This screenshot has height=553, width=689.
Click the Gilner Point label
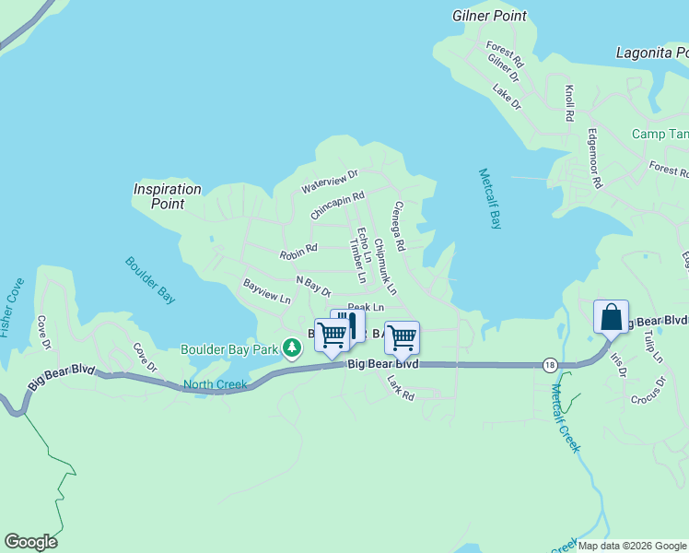(x=489, y=16)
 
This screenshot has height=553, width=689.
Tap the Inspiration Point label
(x=167, y=196)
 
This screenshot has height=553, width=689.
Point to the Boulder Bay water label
(x=150, y=280)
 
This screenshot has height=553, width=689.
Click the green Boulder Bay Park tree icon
(x=292, y=348)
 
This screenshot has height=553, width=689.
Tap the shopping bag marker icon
(x=612, y=318)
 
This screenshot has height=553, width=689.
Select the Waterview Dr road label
(x=329, y=182)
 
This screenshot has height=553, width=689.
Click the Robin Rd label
(x=298, y=249)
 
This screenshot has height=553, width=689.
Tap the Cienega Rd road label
(x=399, y=227)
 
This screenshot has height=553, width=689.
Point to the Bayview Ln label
(x=266, y=292)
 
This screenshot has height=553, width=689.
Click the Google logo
(x=30, y=542)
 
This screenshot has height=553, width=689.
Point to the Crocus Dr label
(x=648, y=391)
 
